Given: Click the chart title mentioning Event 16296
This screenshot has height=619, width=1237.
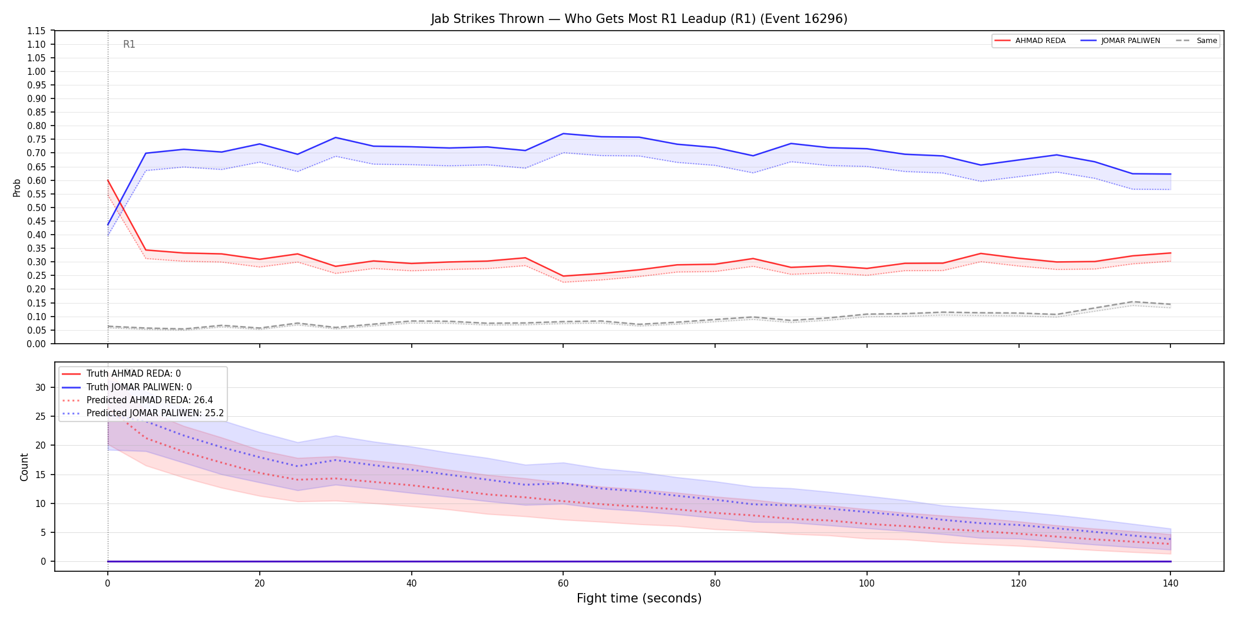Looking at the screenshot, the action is [x=639, y=19].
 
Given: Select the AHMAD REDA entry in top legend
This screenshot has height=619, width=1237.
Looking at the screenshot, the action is [x=1030, y=41].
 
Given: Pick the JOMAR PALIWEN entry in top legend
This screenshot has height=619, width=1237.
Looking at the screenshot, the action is [x=1120, y=41].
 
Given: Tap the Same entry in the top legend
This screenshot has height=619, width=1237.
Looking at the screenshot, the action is [x=1196, y=41].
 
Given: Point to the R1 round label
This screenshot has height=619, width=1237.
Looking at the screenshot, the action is [x=129, y=44].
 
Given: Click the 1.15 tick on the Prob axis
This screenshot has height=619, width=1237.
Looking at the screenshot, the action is [x=37, y=31].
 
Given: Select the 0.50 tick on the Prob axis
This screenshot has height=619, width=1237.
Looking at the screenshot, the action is [x=37, y=208].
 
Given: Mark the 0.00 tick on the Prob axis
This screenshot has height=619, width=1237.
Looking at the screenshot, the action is [x=37, y=344].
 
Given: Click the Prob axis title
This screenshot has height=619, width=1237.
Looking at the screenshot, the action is [x=17, y=187].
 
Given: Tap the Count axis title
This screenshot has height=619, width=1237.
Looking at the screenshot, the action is [x=24, y=467].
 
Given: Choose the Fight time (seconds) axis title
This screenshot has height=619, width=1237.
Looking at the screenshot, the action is [x=639, y=598].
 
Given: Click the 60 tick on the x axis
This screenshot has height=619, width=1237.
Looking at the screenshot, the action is [x=563, y=584].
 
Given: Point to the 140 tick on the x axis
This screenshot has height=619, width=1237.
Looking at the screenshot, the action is [x=1170, y=584].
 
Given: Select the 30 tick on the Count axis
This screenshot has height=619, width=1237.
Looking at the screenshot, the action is [x=41, y=387].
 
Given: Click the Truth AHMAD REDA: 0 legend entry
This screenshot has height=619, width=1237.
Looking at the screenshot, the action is [x=121, y=374].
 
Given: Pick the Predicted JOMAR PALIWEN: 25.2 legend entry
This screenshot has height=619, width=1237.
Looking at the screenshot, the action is [x=143, y=413].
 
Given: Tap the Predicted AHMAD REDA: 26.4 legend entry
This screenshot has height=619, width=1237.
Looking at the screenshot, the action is [x=137, y=400].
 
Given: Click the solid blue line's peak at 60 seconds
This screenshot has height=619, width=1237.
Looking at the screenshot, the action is [x=563, y=133].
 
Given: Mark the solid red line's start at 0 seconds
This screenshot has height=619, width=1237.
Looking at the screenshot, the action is [x=108, y=180].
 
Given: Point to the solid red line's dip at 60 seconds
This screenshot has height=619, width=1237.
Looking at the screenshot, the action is [x=563, y=276].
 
